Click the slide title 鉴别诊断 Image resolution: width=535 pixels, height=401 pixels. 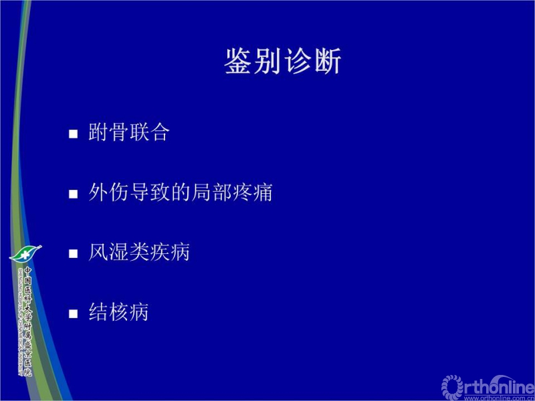[283, 61]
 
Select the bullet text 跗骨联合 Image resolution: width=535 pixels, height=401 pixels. [129, 132]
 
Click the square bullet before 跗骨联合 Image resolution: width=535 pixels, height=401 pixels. [74, 134]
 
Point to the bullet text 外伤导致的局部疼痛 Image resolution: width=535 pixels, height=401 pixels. [181, 192]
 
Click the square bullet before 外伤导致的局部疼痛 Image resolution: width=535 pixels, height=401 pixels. [74, 194]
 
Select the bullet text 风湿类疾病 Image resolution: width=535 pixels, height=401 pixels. [139, 252]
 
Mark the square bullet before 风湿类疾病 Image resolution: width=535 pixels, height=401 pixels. [74, 253]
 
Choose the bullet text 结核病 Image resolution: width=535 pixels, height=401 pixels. [119, 311]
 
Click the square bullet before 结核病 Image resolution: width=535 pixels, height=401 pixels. [74, 313]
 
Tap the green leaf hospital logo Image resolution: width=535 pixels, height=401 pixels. [25, 253]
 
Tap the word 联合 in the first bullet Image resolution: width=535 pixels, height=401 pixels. [149, 132]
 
